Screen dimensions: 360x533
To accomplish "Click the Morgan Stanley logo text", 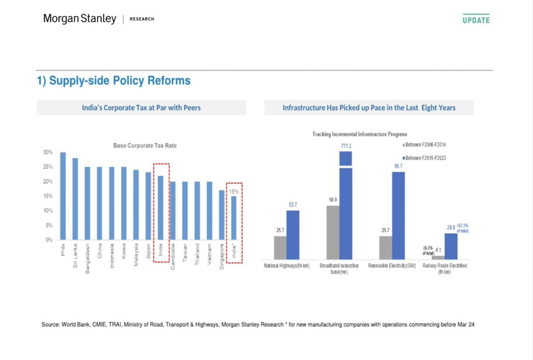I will tap(80, 19).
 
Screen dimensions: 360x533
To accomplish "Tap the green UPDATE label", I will tap(476, 20).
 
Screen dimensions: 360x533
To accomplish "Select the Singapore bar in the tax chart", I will tap(222, 215).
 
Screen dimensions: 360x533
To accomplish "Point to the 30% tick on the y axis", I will tap(48, 152).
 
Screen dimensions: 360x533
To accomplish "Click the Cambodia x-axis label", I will tap(173, 255).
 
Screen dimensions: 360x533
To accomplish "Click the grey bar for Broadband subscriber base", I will tap(333, 232).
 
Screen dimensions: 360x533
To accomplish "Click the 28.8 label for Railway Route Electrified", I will tap(451, 227).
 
